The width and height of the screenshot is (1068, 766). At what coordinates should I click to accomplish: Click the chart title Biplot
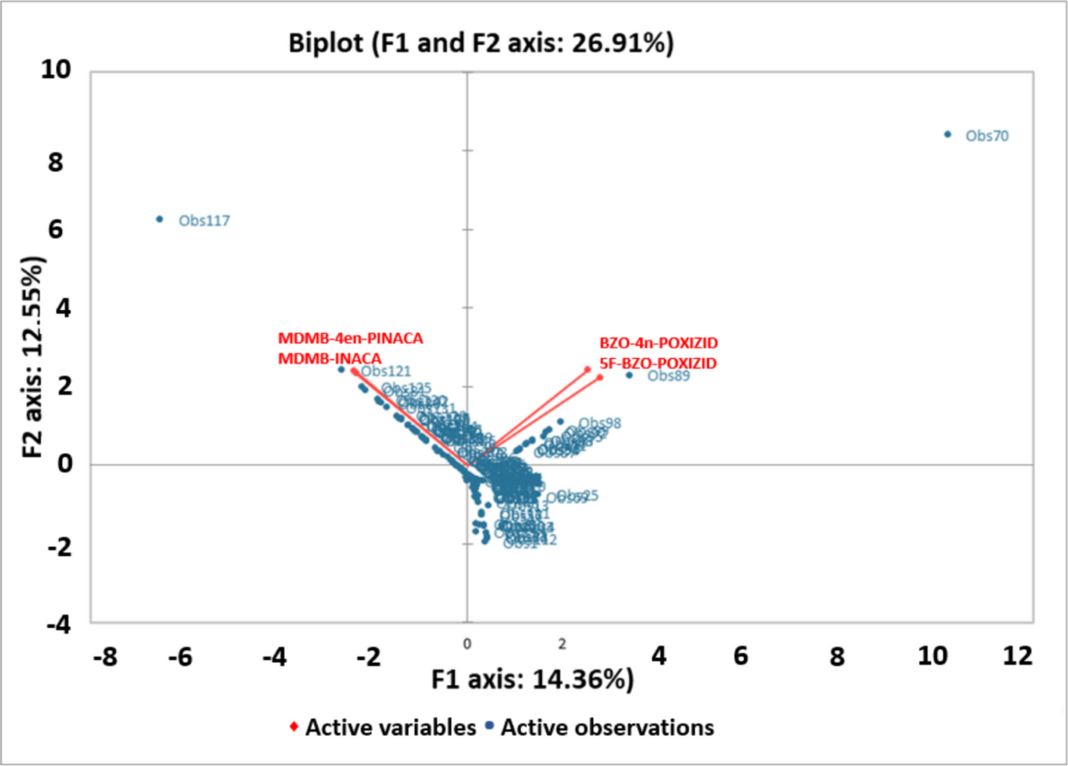tap(481, 44)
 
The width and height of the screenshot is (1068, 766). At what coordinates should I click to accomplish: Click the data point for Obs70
tap(947, 134)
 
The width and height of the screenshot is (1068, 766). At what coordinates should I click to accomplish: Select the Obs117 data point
tap(159, 219)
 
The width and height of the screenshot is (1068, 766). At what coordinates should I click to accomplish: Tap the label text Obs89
tap(667, 376)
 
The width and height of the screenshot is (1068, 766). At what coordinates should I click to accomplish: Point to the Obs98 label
tap(600, 423)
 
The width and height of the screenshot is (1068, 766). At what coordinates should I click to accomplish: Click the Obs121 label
tap(384, 371)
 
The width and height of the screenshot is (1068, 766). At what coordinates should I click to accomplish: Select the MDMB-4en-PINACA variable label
tap(350, 338)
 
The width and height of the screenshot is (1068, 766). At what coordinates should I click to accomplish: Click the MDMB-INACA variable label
tap(329, 357)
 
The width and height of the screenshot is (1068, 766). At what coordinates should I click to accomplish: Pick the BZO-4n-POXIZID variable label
tap(659, 343)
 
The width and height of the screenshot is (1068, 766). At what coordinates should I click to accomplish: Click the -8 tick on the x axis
tap(105, 656)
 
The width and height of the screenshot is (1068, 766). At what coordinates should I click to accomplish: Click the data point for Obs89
tap(629, 375)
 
